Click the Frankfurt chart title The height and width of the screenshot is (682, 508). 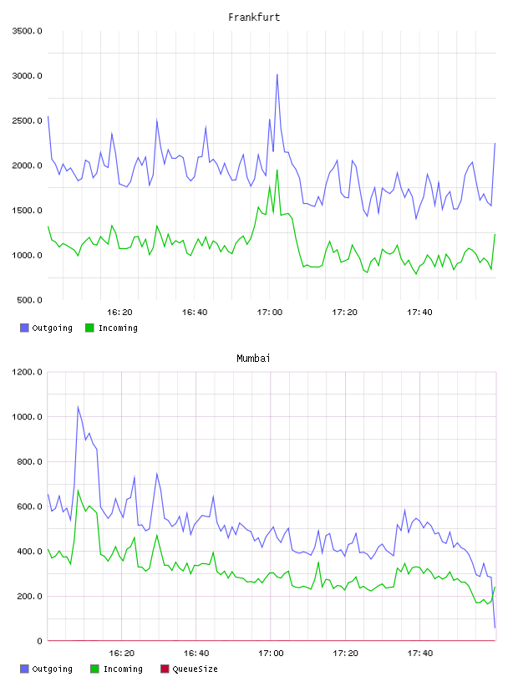[254, 18]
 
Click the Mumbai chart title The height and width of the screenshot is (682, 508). [253, 359]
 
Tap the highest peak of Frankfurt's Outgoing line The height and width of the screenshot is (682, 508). [277, 75]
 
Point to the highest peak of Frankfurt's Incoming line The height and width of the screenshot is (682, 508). [277, 170]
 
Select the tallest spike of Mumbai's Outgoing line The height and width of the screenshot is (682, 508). [78, 407]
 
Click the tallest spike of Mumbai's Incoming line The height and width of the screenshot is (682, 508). [78, 490]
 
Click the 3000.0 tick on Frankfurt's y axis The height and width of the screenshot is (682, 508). [28, 76]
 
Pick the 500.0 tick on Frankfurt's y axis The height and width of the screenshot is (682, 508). [29, 300]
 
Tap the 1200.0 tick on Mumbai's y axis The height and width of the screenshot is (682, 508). [28, 372]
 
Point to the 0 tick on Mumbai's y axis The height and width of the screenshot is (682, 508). [39, 641]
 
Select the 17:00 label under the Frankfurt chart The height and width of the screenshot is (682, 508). [270, 313]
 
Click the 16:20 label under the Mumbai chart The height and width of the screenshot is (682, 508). [121, 654]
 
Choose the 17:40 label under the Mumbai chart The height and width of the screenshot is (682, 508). [420, 654]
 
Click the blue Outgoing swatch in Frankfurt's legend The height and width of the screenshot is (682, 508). [24, 328]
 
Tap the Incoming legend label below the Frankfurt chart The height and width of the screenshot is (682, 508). [119, 328]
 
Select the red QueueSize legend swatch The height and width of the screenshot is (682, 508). [165, 669]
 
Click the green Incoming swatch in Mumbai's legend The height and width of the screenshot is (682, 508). [94, 669]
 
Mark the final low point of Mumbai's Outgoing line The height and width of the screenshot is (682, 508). [495, 627]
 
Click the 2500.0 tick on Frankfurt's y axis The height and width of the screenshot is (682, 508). [28, 120]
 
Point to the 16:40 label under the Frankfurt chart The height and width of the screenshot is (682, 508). [195, 313]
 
